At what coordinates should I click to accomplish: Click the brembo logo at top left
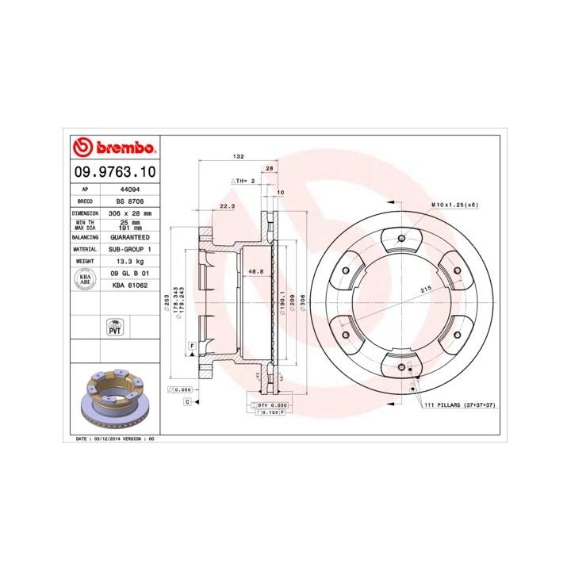[x=113, y=148]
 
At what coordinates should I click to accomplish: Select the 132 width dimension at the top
[x=238, y=157]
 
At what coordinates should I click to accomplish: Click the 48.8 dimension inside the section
[x=255, y=272]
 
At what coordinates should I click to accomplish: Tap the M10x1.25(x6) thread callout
[x=454, y=205]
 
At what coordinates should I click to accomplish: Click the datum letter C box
[x=187, y=402]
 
